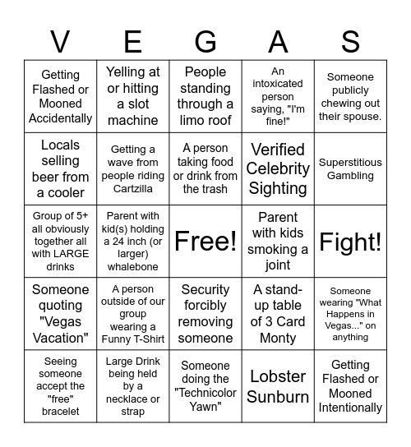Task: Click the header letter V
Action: coord(60,40)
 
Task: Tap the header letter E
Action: coord(132,40)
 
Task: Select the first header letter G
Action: coord(205,40)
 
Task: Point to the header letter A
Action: coord(278,40)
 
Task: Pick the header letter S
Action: coord(351,40)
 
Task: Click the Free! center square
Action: coord(205,242)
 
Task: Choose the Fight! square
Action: coord(351,242)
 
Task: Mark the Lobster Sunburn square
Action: coord(278,386)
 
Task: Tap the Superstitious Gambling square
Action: coord(351,169)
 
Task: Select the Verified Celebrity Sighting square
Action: coord(278,169)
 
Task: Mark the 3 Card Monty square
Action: coord(278,314)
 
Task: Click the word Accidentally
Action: coord(60,118)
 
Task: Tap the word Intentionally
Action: coord(351,408)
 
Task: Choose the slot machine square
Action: coord(133,97)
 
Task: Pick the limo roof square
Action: coord(205,97)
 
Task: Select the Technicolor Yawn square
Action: coord(205,386)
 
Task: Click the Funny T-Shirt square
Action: coord(133,314)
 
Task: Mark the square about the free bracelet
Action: coord(60,386)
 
